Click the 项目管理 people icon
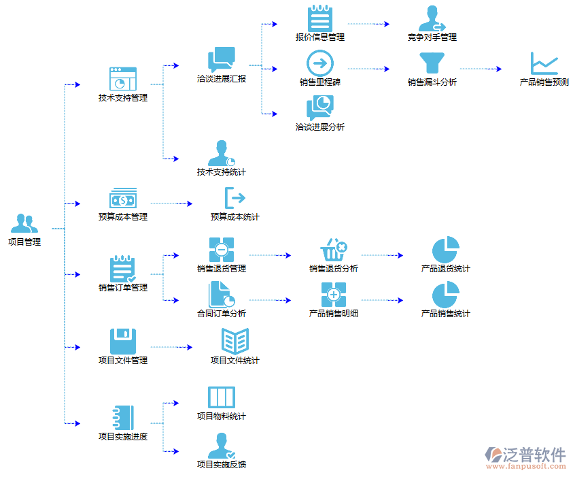point(24,223)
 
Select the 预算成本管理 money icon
point(123,199)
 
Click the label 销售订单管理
point(123,288)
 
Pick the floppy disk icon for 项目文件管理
point(123,341)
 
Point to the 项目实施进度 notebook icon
point(123,416)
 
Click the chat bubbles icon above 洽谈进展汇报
point(222,60)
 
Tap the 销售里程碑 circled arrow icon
point(320,63)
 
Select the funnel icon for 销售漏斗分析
point(432,63)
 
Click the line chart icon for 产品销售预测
point(544,64)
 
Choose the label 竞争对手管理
point(432,37)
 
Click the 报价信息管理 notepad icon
point(320,18)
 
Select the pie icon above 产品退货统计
point(446,250)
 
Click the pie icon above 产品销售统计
point(446,295)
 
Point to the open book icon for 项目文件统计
point(235,341)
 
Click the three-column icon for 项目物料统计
point(222,397)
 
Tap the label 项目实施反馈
point(222,465)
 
